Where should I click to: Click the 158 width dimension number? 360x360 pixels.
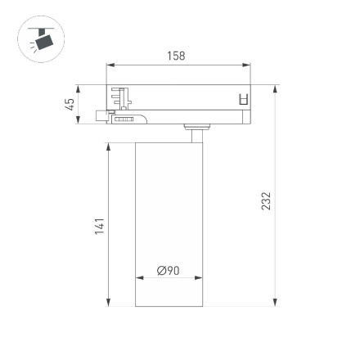(x=176, y=56)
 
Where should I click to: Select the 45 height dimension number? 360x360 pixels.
(x=70, y=104)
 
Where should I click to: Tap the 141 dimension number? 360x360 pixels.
(x=99, y=226)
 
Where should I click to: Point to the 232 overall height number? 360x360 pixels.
(x=266, y=200)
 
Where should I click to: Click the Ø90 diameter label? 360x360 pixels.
(x=168, y=270)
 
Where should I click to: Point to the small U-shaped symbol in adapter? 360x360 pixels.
(x=242, y=100)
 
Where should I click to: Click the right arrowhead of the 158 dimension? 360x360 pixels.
(x=248, y=66)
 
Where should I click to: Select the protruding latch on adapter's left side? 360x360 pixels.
(x=101, y=117)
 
